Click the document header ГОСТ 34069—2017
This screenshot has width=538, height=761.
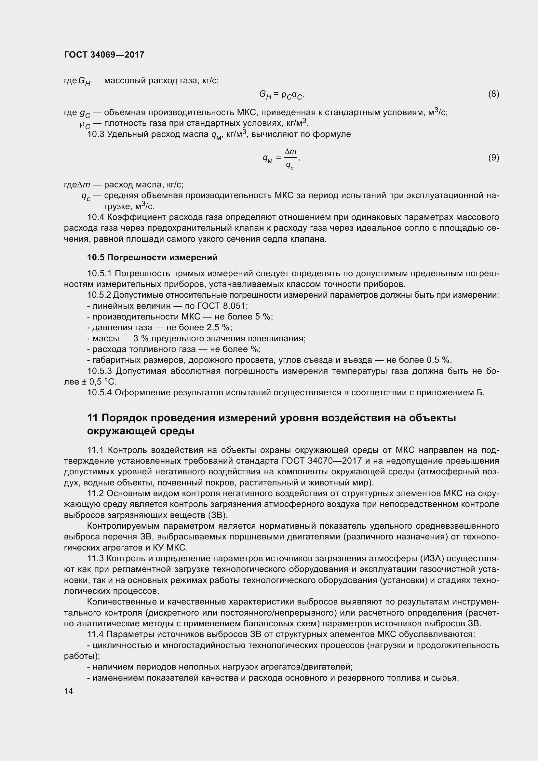coord(104,55)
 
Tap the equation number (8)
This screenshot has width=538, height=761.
coord(493,94)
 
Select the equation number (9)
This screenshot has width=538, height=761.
coord(493,157)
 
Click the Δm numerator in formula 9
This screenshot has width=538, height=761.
coord(290,152)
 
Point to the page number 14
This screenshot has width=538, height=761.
coord(68,691)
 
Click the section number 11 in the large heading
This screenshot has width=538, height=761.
coord(92,418)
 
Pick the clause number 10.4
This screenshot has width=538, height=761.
coord(95,217)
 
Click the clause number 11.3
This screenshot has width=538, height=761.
coord(95,559)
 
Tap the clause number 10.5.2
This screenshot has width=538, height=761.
coord(99,295)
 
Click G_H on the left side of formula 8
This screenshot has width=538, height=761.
coord(265,95)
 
